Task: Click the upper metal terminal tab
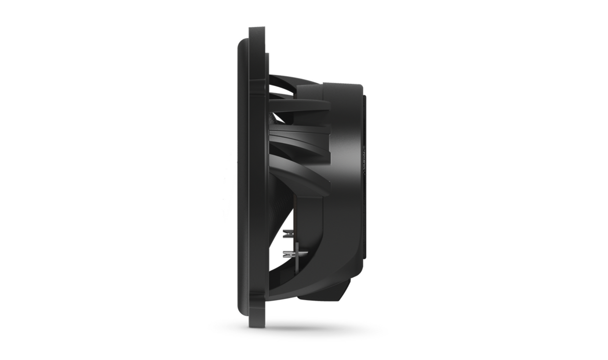pyautogui.click(x=287, y=233)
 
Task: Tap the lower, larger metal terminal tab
pyautogui.click(x=288, y=254)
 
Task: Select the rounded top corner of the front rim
pyautogui.click(x=241, y=42)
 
